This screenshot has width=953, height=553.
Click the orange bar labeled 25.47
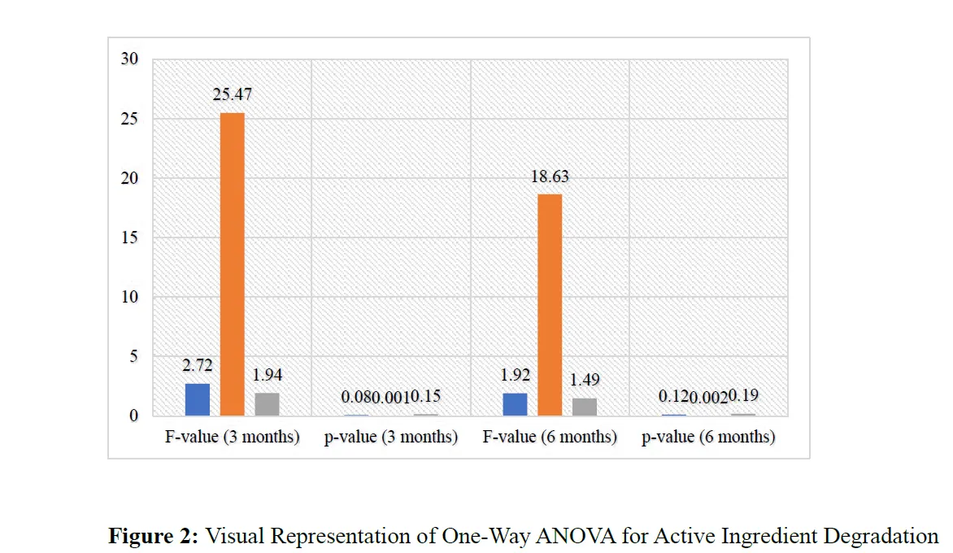click(x=232, y=264)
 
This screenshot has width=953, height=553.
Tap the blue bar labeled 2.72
click(x=198, y=399)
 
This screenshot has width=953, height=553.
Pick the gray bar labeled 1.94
click(x=267, y=404)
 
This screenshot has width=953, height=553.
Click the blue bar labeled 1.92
click(x=515, y=404)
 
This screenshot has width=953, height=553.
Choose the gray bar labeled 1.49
click(x=584, y=407)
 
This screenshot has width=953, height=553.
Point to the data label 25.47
click(x=232, y=95)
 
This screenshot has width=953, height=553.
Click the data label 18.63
click(x=550, y=176)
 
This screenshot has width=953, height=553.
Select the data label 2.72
click(x=198, y=366)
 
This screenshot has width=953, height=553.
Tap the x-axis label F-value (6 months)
click(x=550, y=438)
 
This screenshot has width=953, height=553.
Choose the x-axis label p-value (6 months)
click(x=708, y=438)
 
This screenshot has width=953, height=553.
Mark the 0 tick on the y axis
click(x=134, y=416)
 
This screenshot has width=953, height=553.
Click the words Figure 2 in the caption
click(x=154, y=537)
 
